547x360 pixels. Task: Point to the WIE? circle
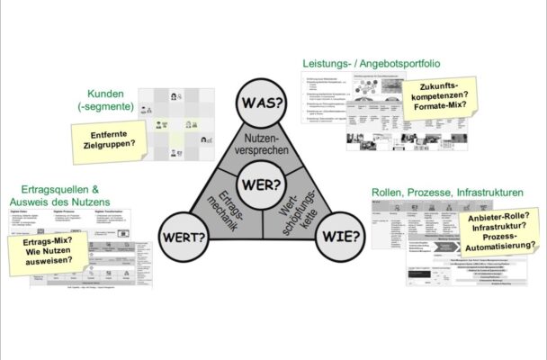point(344,238)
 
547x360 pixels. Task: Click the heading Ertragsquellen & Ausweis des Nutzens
point(67,195)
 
